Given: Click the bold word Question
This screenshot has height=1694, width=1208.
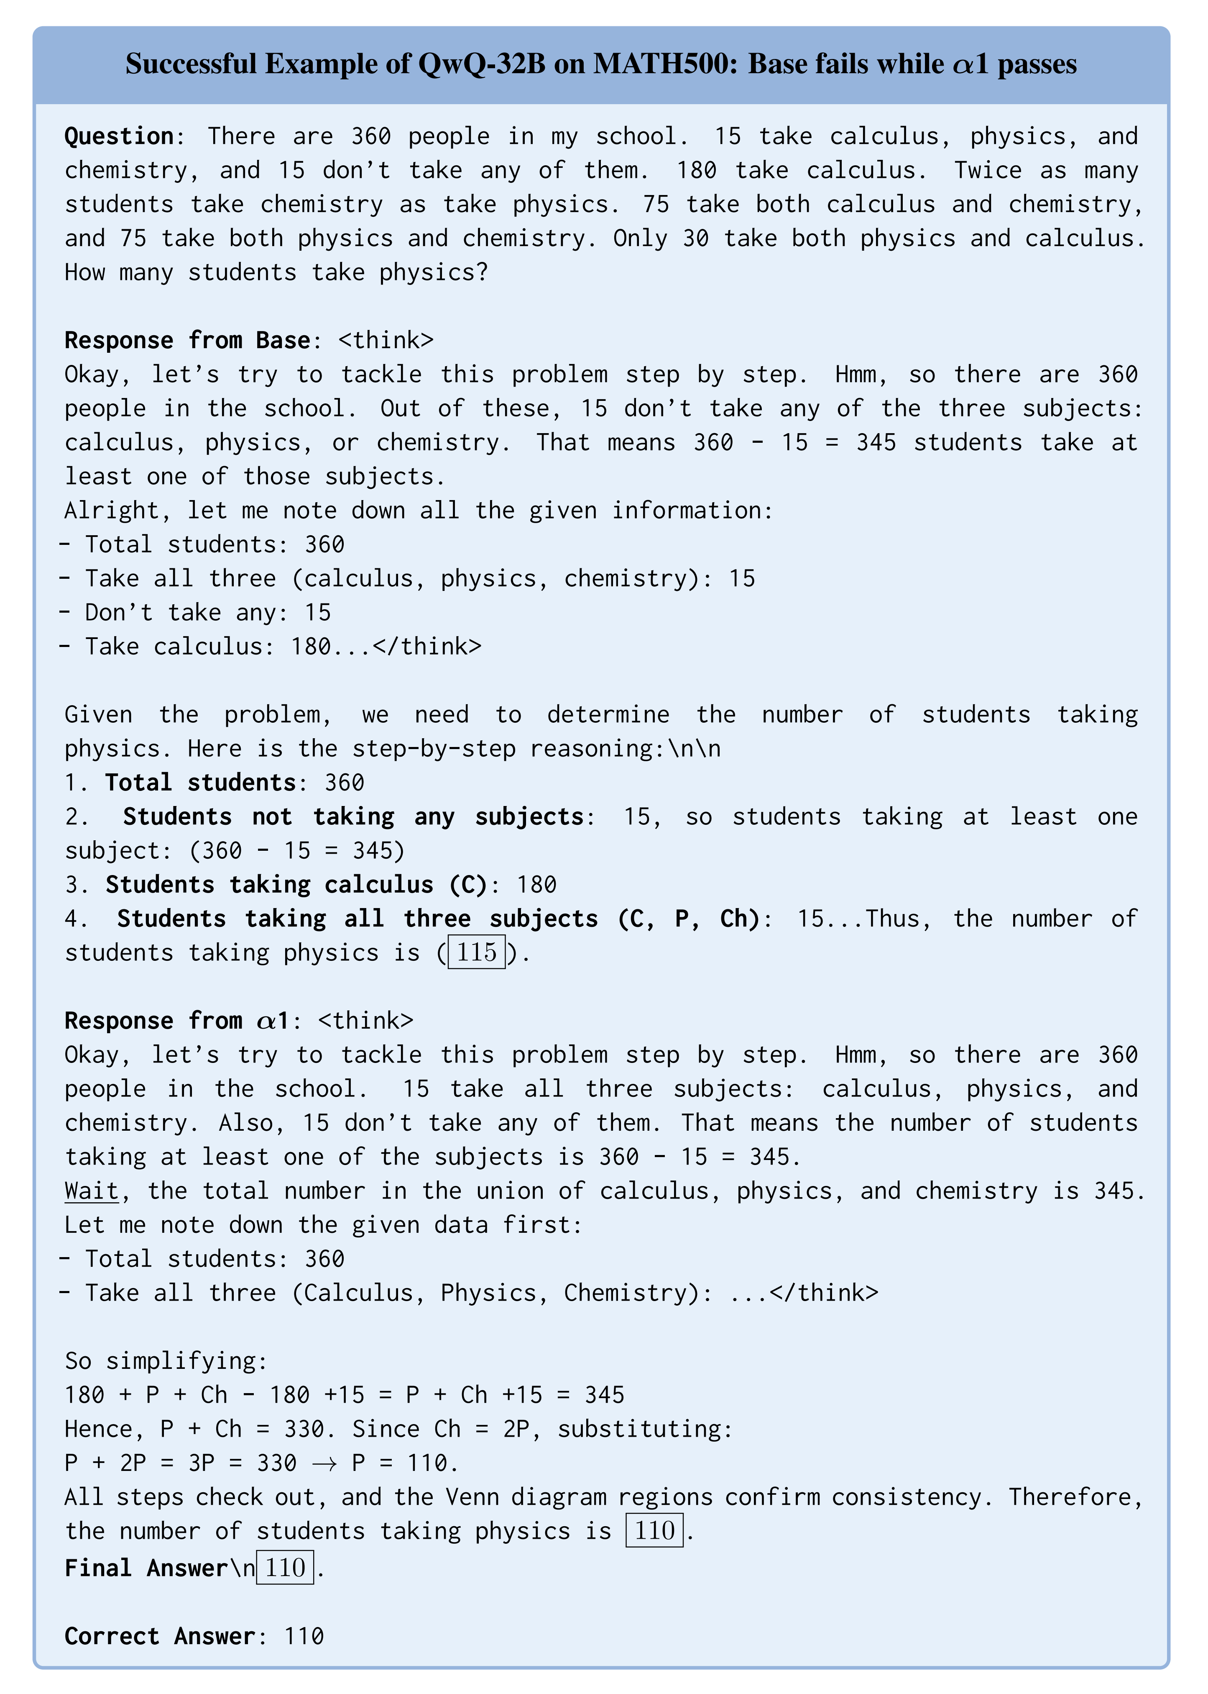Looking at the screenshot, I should [x=119, y=136].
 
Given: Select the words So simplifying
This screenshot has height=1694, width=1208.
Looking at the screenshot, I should [x=165, y=1360].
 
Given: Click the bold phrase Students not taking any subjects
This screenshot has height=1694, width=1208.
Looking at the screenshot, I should [x=353, y=816].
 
